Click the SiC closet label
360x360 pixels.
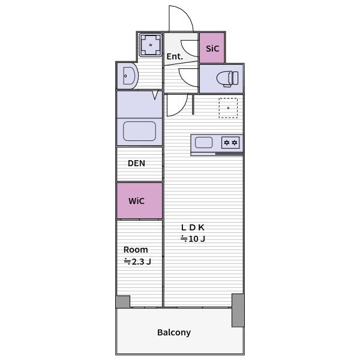pos(212,49)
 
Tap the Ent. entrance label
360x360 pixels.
pos(175,56)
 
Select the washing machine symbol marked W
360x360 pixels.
pos(151,45)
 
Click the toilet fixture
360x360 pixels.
pos(227,79)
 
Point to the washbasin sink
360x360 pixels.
pos(129,76)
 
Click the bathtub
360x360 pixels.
pos(139,131)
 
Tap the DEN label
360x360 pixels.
pos(136,163)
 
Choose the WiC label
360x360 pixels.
pos(136,201)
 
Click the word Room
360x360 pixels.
pos(136,250)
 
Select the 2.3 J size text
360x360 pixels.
pos(137,262)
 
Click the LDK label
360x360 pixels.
pos(193,227)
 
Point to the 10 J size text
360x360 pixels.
pos(193,239)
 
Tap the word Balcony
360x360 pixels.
pos(174,332)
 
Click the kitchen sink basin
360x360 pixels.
pos(203,142)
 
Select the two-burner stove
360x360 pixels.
pos(230,143)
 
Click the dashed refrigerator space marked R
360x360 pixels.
pos(228,108)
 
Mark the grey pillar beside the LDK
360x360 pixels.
pos(238,310)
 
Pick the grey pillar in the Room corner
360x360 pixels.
pos(123,302)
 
